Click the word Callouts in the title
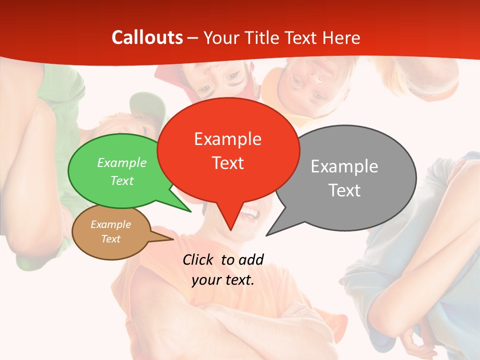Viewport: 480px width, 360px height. [147, 37]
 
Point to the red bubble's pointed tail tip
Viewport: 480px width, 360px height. [230, 230]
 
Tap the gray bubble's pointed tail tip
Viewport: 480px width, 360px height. [266, 235]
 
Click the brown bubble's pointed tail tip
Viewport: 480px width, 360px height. [173, 239]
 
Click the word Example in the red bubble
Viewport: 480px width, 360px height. [227, 138]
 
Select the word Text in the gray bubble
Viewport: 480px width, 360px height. [344, 190]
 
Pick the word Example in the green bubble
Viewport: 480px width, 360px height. [122, 162]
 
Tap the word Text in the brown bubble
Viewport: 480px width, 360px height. [110, 239]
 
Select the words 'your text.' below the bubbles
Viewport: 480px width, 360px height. [223, 280]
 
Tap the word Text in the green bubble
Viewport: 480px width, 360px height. [122, 180]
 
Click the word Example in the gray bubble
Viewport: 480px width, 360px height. [344, 166]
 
